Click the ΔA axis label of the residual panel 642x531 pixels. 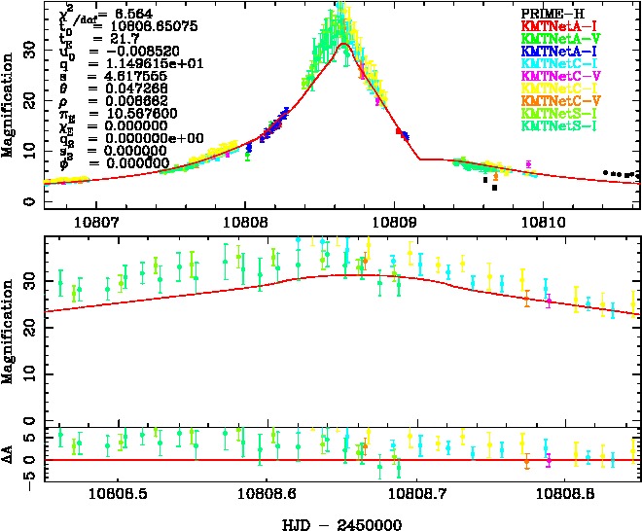click(9, 455)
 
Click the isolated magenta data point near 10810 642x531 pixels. click(528, 163)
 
